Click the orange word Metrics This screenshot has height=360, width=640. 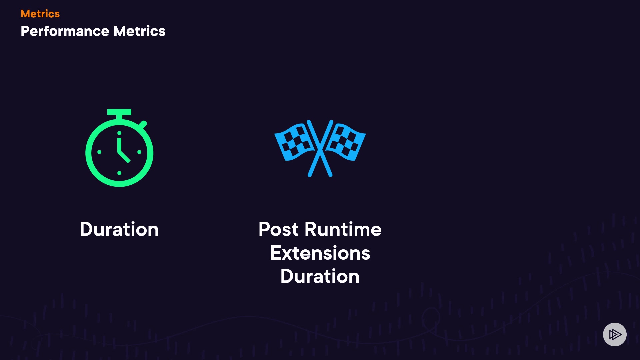coord(40,14)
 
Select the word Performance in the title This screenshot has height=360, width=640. coord(65,31)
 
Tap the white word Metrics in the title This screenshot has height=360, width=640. coord(139,31)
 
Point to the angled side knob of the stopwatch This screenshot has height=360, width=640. coord(143,125)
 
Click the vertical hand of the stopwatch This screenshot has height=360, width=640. coord(119,145)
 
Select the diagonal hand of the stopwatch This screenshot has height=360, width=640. coord(124,156)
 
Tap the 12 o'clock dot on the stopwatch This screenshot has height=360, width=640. coord(119,133)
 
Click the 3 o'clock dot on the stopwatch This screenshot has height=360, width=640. coord(139,152)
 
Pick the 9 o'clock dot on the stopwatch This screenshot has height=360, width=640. coord(99,152)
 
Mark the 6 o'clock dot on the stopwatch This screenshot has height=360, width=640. coord(119,173)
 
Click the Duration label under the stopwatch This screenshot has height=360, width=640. coord(119,229)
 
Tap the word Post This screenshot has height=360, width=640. coord(279,229)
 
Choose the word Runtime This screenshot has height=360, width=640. coord(343,229)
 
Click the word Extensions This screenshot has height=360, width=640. coord(320,253)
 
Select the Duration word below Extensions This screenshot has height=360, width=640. coord(320,276)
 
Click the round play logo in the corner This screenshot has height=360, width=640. coord(615,334)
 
